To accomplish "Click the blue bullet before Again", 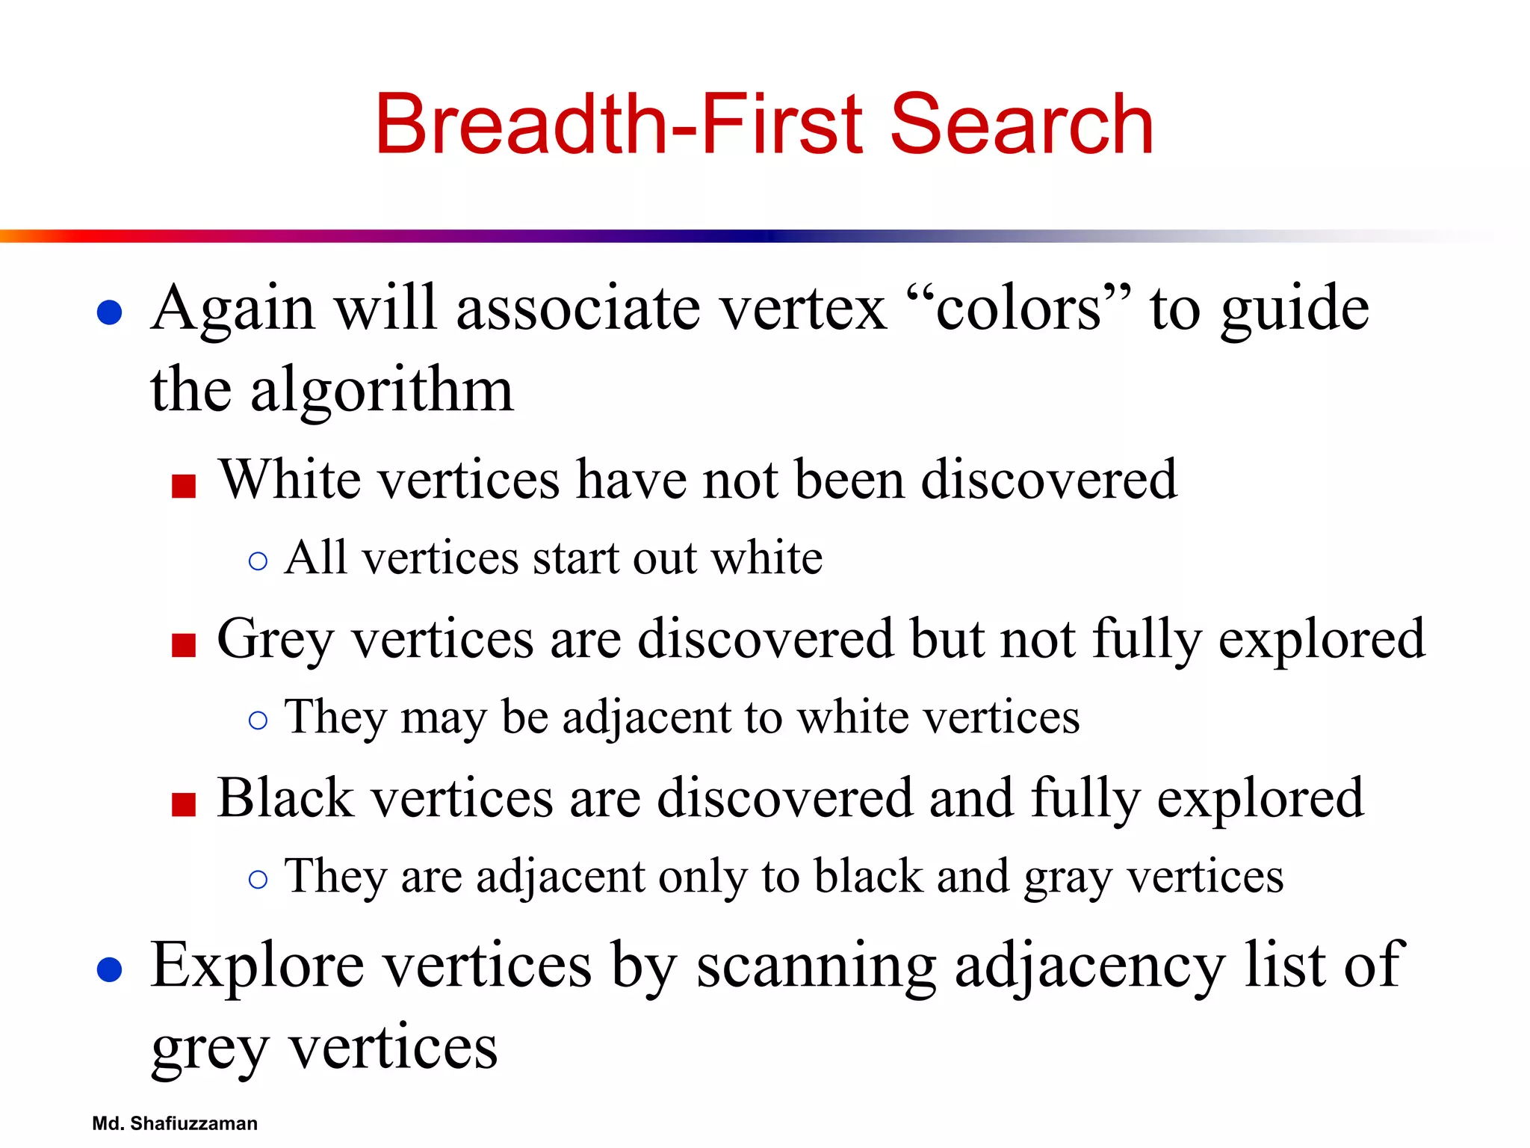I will (x=110, y=312).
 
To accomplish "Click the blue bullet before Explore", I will (x=110, y=969).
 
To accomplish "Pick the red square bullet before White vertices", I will (x=183, y=487).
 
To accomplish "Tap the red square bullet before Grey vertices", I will (x=183, y=645).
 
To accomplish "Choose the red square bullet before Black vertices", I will (x=183, y=804).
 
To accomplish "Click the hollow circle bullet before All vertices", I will (x=258, y=561).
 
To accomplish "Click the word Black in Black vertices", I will (x=285, y=798).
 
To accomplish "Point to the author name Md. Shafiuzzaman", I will (x=174, y=1123).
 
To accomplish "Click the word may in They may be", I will (x=442, y=718).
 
